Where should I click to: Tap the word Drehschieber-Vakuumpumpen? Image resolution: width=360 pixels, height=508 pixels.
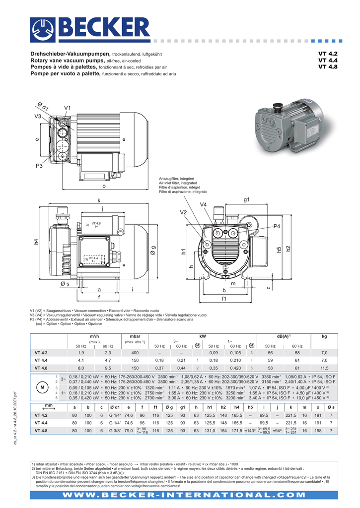pyautogui.click(x=71, y=54)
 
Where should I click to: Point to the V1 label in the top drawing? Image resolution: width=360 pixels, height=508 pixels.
pyautogui.click(x=68, y=108)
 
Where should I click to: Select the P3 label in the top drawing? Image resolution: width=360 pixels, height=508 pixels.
pyautogui.click(x=39, y=166)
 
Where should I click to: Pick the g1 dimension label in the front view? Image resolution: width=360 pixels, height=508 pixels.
pyautogui.click(x=247, y=199)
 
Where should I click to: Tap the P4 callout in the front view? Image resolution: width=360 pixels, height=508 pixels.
pyautogui.click(x=277, y=226)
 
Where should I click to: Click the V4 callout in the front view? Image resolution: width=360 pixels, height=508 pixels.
pyautogui.click(x=203, y=205)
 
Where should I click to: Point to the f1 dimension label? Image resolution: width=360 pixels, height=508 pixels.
pyautogui.click(x=224, y=299)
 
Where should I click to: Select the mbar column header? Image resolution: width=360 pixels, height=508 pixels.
pyautogui.click(x=135, y=336)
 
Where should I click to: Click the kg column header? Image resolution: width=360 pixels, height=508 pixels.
pyautogui.click(x=324, y=336)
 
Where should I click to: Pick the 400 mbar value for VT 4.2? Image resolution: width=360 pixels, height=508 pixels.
pyautogui.click(x=135, y=352)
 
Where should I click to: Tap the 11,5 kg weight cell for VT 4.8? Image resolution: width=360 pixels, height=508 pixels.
pyautogui.click(x=324, y=368)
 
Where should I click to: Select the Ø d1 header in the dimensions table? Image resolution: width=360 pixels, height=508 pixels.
pyautogui.click(x=115, y=407)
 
